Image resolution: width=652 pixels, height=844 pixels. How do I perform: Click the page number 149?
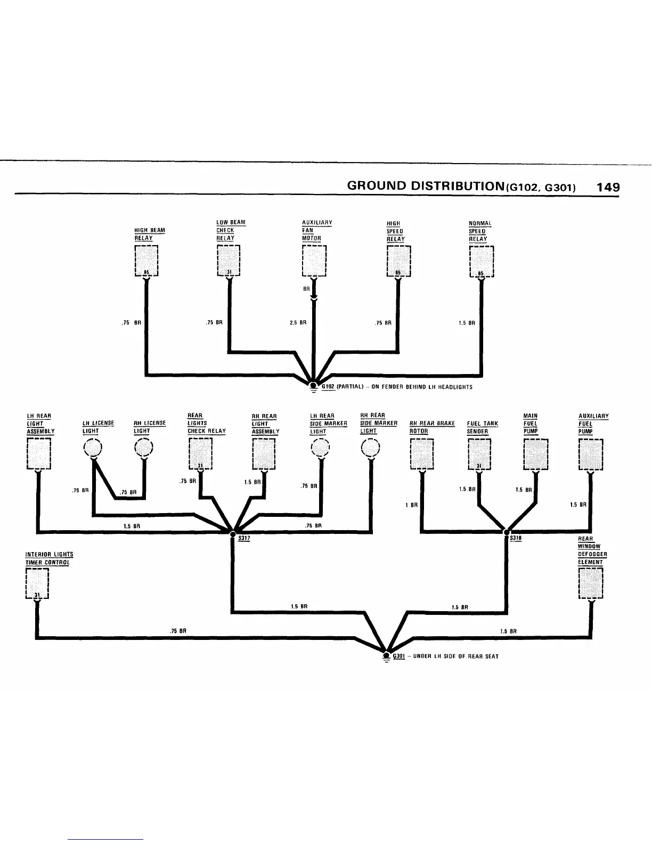pyautogui.click(x=608, y=187)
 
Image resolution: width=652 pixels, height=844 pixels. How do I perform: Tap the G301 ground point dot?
pyautogui.click(x=386, y=653)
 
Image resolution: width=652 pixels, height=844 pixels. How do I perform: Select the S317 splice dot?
pyautogui.click(x=232, y=532)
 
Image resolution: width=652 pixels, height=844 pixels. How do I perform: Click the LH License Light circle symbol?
pyautogui.click(x=94, y=448)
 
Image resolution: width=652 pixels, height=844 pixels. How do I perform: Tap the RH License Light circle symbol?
pyautogui.click(x=144, y=448)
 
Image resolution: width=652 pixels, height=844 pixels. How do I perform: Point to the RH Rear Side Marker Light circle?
pyautogui.click(x=370, y=448)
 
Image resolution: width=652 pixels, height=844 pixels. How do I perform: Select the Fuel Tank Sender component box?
pyautogui.click(x=479, y=454)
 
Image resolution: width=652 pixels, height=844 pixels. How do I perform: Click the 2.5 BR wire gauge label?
pyautogui.click(x=298, y=322)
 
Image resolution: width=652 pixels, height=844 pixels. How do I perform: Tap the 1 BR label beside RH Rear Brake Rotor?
pyautogui.click(x=411, y=505)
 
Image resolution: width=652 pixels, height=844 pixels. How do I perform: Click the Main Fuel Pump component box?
pyautogui.click(x=535, y=454)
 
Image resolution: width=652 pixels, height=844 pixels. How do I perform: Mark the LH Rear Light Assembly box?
pyautogui.click(x=38, y=454)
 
